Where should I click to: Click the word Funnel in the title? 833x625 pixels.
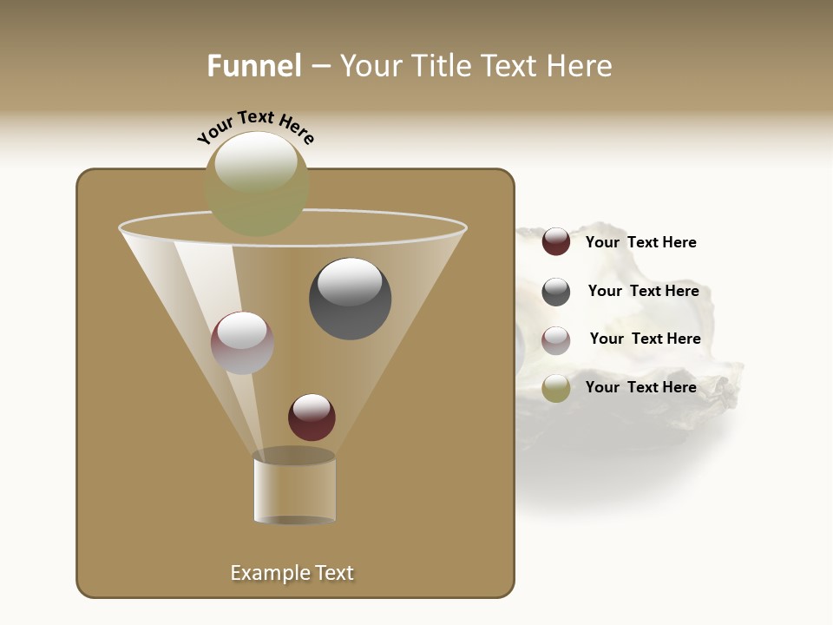point(254,66)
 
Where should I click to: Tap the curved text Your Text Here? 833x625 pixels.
point(256,126)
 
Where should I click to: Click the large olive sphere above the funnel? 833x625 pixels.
point(257,184)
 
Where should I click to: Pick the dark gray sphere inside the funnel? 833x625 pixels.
point(351,299)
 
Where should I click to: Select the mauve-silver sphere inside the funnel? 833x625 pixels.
point(242,343)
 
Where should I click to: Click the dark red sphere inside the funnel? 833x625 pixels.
point(312,418)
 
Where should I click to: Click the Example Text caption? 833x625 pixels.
point(292,573)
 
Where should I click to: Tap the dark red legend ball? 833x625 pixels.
point(556,241)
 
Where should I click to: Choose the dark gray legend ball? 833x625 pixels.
point(556,292)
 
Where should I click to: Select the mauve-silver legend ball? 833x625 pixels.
point(556,340)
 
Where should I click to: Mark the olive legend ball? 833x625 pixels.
point(556,388)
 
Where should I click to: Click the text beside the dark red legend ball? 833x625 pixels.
point(641,242)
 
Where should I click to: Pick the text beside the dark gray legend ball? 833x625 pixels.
point(643,291)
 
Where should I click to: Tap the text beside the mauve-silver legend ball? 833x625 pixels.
point(645,339)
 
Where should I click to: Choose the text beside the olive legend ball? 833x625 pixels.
point(641,387)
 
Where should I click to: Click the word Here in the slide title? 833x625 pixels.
point(581,66)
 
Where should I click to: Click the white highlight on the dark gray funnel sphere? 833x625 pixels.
point(351,282)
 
